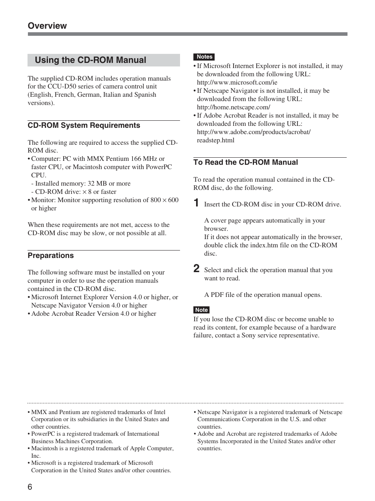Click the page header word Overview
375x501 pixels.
[x=47, y=26]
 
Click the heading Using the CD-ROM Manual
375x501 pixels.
[x=90, y=60]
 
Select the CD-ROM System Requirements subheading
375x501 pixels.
[x=84, y=125]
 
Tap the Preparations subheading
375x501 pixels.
[x=51, y=256]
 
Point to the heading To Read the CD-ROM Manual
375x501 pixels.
[x=245, y=162]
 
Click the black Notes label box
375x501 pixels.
[x=204, y=57]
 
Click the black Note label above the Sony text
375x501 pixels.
[x=201, y=310]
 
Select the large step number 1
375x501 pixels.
[x=196, y=203]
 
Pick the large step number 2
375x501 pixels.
[x=196, y=269]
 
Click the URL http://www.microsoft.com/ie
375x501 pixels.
[x=237, y=83]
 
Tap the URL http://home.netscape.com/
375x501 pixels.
[x=233, y=107]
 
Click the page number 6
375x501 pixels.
[x=30, y=487]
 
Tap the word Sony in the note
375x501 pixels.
[x=248, y=335]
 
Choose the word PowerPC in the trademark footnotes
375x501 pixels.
[x=43, y=434]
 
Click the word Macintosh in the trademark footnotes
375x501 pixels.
[x=44, y=448]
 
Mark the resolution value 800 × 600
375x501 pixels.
[x=164, y=200]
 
